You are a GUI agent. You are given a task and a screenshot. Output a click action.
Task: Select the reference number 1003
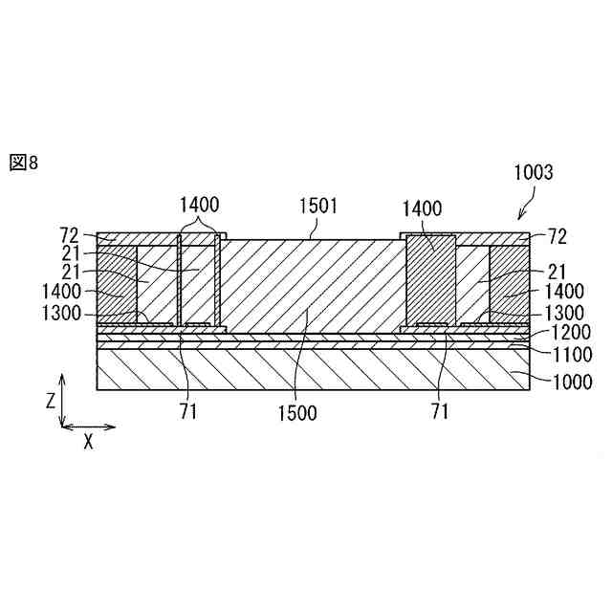(534, 173)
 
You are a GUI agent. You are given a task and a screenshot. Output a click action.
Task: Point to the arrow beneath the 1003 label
(526, 208)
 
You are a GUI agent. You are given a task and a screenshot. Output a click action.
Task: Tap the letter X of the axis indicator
(88, 441)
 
